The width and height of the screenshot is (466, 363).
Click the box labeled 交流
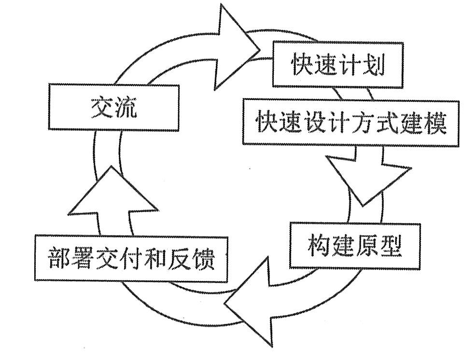[113, 108]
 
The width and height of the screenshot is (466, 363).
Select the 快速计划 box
[338, 65]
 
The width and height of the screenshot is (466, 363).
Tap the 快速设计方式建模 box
[351, 122]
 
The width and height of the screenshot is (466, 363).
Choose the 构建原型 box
[355, 246]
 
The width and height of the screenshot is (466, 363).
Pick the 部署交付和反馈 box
[131, 259]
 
